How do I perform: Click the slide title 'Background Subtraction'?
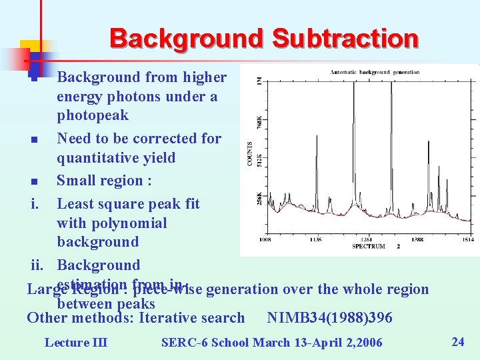click(x=264, y=39)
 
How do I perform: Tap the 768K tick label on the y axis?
click(x=259, y=123)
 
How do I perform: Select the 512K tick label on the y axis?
click(x=259, y=161)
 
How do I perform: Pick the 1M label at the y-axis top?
click(x=259, y=81)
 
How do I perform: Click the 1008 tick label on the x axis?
click(x=265, y=239)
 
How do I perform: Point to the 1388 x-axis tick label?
click(x=417, y=239)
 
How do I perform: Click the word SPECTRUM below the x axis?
click(x=369, y=246)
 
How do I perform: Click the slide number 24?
click(x=457, y=342)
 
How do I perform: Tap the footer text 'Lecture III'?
click(x=75, y=343)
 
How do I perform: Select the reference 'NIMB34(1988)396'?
click(x=329, y=318)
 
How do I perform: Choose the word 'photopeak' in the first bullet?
click(x=93, y=115)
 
